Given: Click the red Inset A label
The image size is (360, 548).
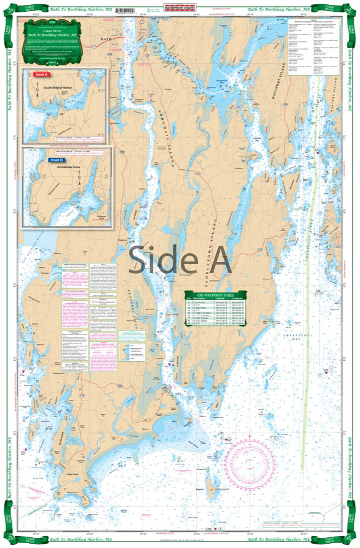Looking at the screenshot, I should click(x=41, y=74).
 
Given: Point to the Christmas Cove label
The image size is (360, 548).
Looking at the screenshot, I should click(x=64, y=168).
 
